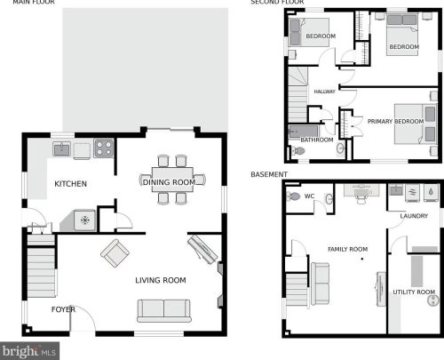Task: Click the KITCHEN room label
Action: pos(71,184)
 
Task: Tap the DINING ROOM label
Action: pos(169,182)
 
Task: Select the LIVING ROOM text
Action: pos(161,280)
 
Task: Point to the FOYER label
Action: pos(63,309)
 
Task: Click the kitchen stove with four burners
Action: pos(104,148)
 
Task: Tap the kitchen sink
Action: pos(61,148)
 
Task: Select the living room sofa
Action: pos(164,311)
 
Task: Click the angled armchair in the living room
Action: pos(115,253)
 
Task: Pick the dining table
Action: pos(172,180)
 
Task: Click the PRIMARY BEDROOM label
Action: pos(395,122)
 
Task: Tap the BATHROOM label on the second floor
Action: pos(317,140)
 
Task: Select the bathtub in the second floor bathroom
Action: pos(304,132)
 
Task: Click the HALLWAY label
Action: pos(324,92)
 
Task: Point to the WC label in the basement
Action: pos(309,196)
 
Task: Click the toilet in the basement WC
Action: pos(293,196)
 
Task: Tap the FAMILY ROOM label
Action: pos(348,249)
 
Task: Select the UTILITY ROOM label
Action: pos(414,292)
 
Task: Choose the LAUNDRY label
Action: pos(414,216)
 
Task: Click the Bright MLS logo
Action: pos(29,351)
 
